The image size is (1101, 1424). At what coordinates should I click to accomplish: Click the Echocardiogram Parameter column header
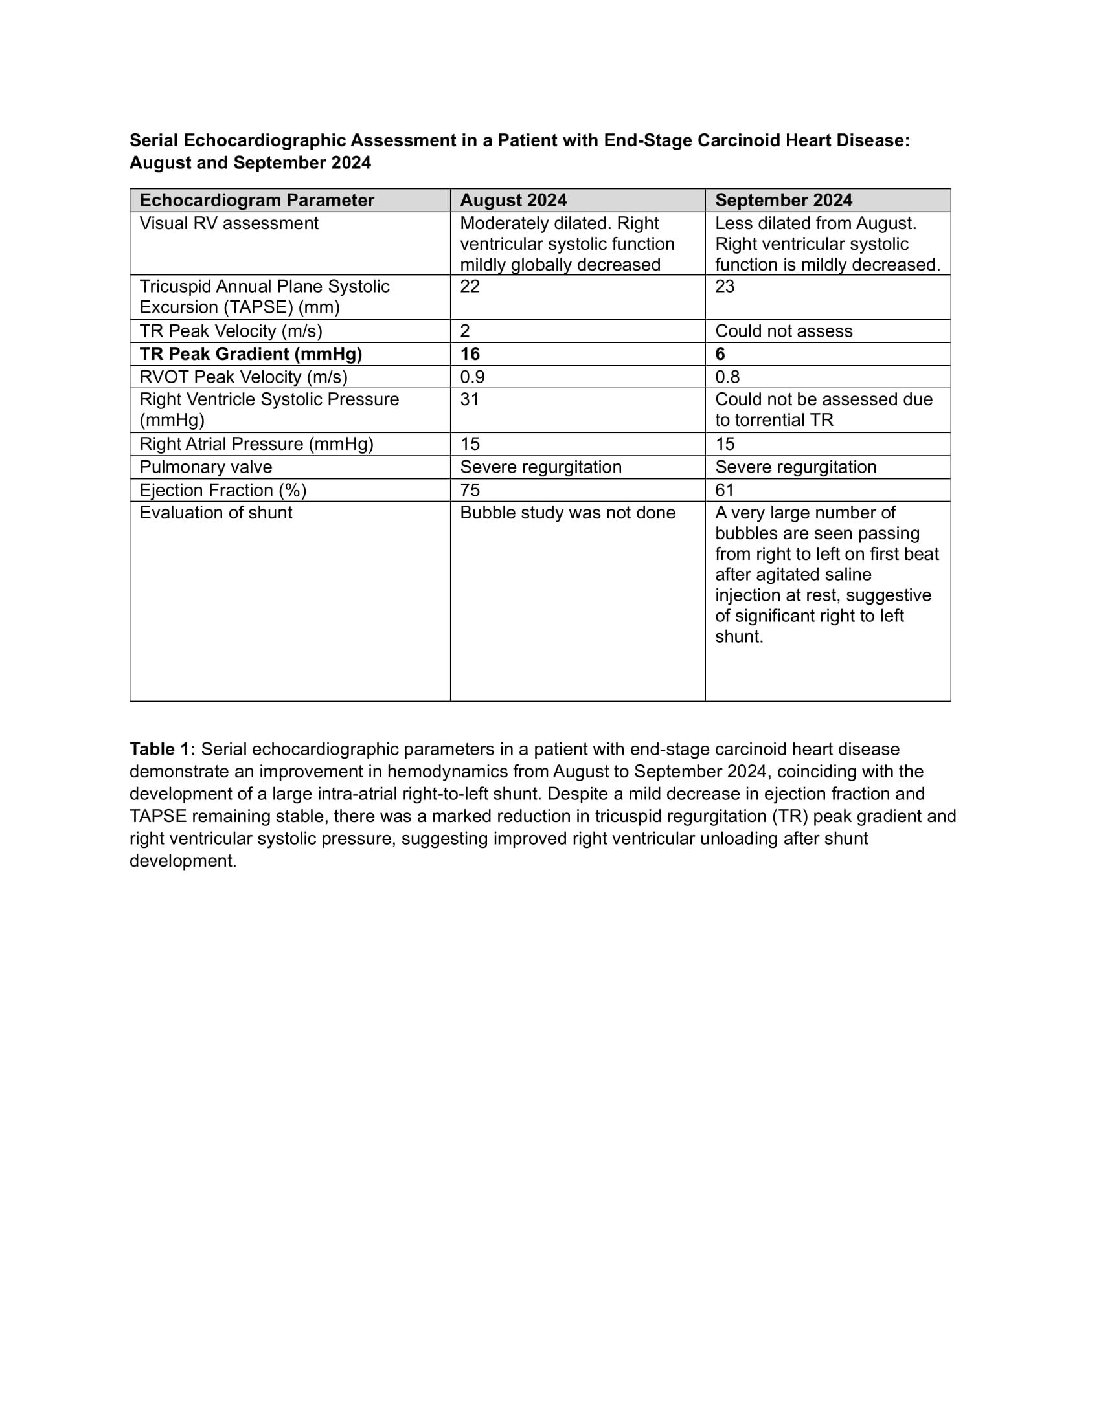pos(256,200)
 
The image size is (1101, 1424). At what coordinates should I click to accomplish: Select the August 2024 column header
pos(513,200)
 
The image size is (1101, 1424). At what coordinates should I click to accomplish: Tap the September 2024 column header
pos(784,200)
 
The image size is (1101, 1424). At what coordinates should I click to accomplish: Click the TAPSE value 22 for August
pos(470,286)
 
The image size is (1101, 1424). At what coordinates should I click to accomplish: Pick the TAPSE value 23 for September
pos(725,286)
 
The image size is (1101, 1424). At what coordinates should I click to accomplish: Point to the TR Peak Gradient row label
pos(251,354)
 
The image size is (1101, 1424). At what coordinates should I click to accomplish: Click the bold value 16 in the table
pos(470,354)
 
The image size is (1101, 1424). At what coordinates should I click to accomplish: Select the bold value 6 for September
pos(720,354)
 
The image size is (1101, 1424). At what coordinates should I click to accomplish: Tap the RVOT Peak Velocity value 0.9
pos(472,377)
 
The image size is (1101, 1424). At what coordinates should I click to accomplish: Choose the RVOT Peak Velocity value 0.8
pos(727,377)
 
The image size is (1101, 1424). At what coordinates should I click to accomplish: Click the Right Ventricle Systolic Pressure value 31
pos(470,399)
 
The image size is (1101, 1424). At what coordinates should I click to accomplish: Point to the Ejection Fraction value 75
pos(470,490)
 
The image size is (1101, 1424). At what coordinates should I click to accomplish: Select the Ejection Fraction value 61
pos(725,490)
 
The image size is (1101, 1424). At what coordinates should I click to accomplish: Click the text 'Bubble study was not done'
pos(567,513)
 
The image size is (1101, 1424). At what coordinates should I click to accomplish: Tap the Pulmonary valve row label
pos(205,467)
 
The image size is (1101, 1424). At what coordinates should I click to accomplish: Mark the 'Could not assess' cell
pos(784,331)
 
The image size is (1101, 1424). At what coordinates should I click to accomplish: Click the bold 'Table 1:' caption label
pos(163,749)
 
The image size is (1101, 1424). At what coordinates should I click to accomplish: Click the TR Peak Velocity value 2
pos(465,331)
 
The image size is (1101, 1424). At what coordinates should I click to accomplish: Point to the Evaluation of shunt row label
pos(216,513)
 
